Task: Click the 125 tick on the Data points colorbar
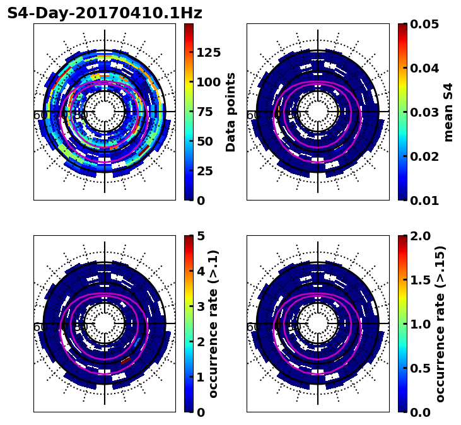click(208, 52)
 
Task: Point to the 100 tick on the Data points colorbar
click(208, 82)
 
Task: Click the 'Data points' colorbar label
click(231, 112)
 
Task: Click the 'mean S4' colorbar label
click(448, 112)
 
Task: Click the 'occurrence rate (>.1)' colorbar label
click(213, 323)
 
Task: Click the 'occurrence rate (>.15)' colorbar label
click(440, 323)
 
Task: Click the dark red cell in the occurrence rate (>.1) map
click(125, 360)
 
